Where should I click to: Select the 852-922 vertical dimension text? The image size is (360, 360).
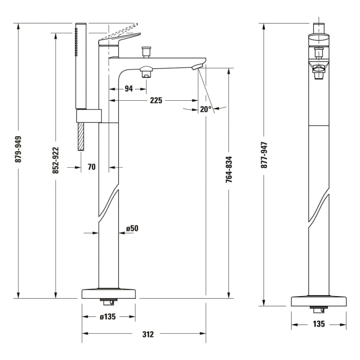(x=56, y=160)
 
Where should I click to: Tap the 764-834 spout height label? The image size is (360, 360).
(x=229, y=169)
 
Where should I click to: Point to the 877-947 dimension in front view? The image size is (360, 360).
(x=264, y=155)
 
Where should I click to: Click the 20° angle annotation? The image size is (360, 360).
(x=206, y=109)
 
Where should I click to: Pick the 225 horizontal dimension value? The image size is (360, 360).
(x=156, y=100)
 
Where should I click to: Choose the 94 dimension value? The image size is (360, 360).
(x=129, y=88)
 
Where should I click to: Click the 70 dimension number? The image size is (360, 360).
(x=92, y=167)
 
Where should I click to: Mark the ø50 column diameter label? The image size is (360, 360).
(x=132, y=228)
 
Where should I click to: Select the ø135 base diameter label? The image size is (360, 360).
(x=107, y=317)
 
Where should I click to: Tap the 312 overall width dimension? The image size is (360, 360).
(x=148, y=334)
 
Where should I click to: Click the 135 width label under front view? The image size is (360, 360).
(x=318, y=324)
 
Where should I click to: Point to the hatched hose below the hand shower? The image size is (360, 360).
(x=81, y=136)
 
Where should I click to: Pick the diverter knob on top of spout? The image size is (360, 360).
(x=147, y=51)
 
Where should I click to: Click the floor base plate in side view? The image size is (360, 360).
(x=109, y=294)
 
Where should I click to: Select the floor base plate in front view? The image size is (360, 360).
(x=318, y=301)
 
